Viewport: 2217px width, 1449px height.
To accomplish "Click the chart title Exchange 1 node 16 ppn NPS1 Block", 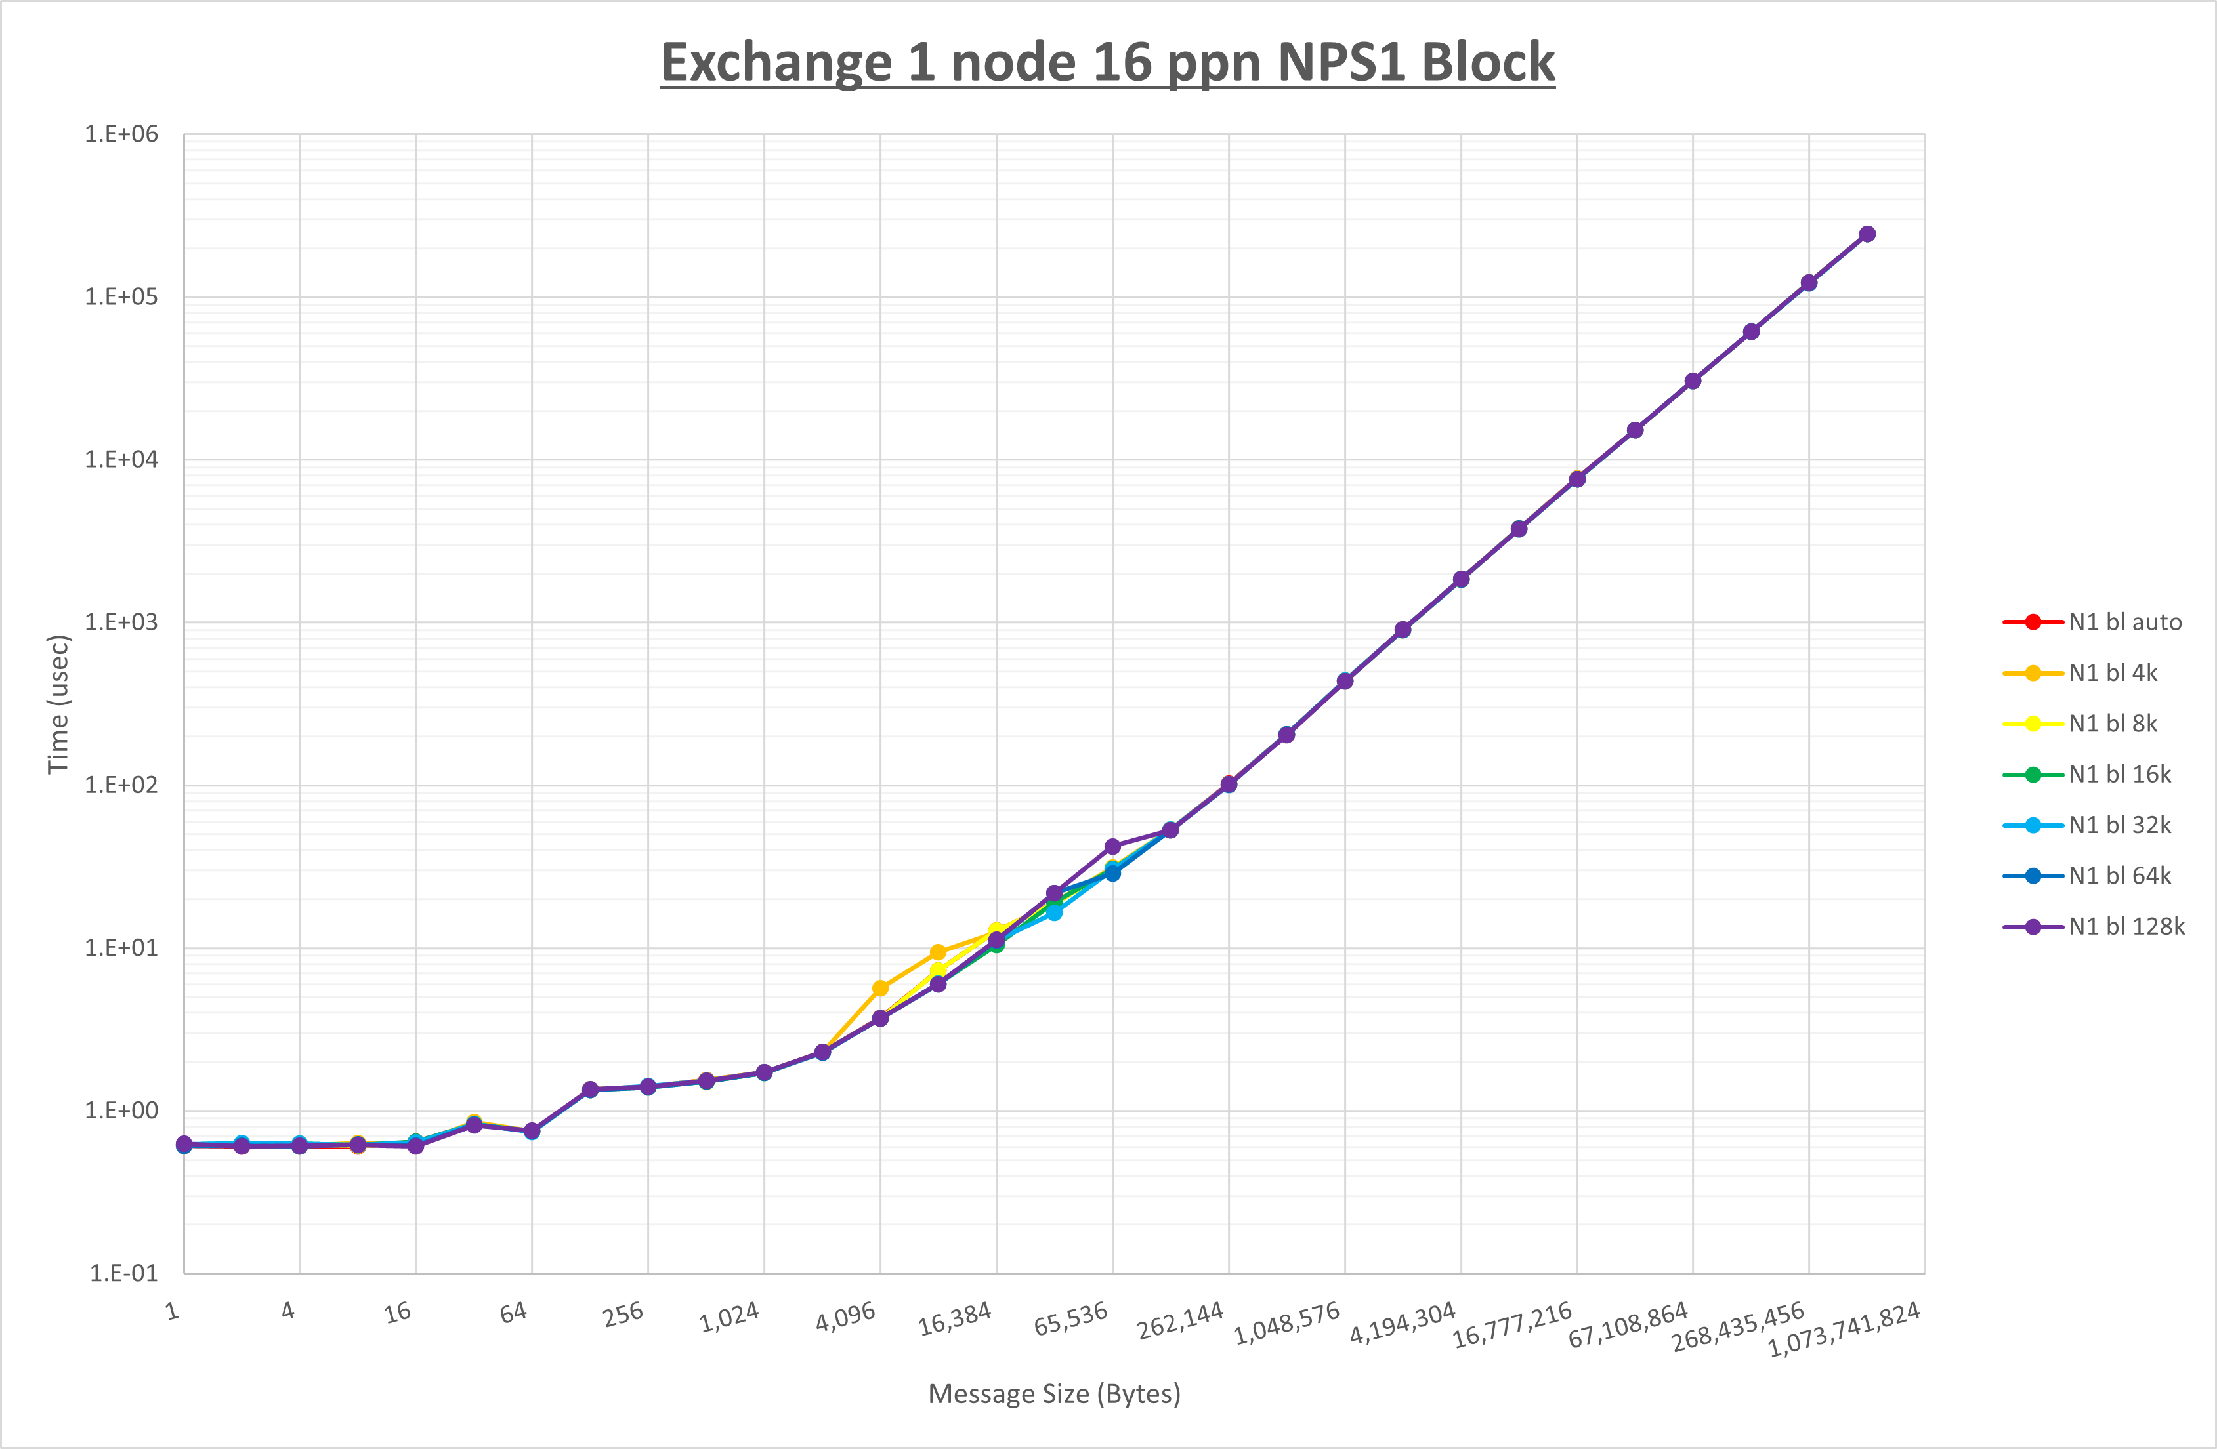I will point(1108,64).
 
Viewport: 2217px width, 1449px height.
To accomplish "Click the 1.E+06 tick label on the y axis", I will point(121,134).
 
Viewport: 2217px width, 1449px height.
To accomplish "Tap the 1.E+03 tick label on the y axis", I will point(121,622).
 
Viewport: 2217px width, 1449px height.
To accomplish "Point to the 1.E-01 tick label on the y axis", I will point(123,1273).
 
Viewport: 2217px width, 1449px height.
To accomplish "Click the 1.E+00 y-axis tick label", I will point(121,1110).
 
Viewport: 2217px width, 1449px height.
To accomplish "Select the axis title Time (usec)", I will point(58,704).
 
